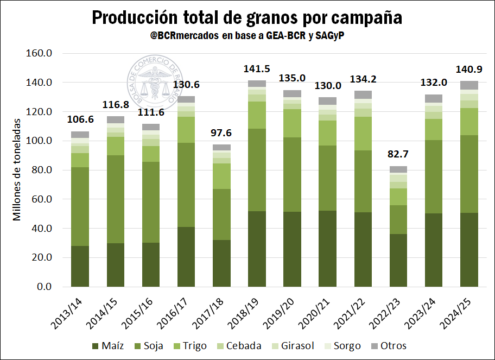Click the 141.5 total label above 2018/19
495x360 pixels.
(257, 70)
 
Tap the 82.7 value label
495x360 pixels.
(398, 155)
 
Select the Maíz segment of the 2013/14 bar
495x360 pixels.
(80, 266)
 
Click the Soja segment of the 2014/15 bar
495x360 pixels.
(115, 199)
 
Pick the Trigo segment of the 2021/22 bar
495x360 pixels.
(363, 134)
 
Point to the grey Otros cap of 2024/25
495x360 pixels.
(469, 85)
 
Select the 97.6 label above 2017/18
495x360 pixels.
(221, 132)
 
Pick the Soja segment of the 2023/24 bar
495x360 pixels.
(434, 176)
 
